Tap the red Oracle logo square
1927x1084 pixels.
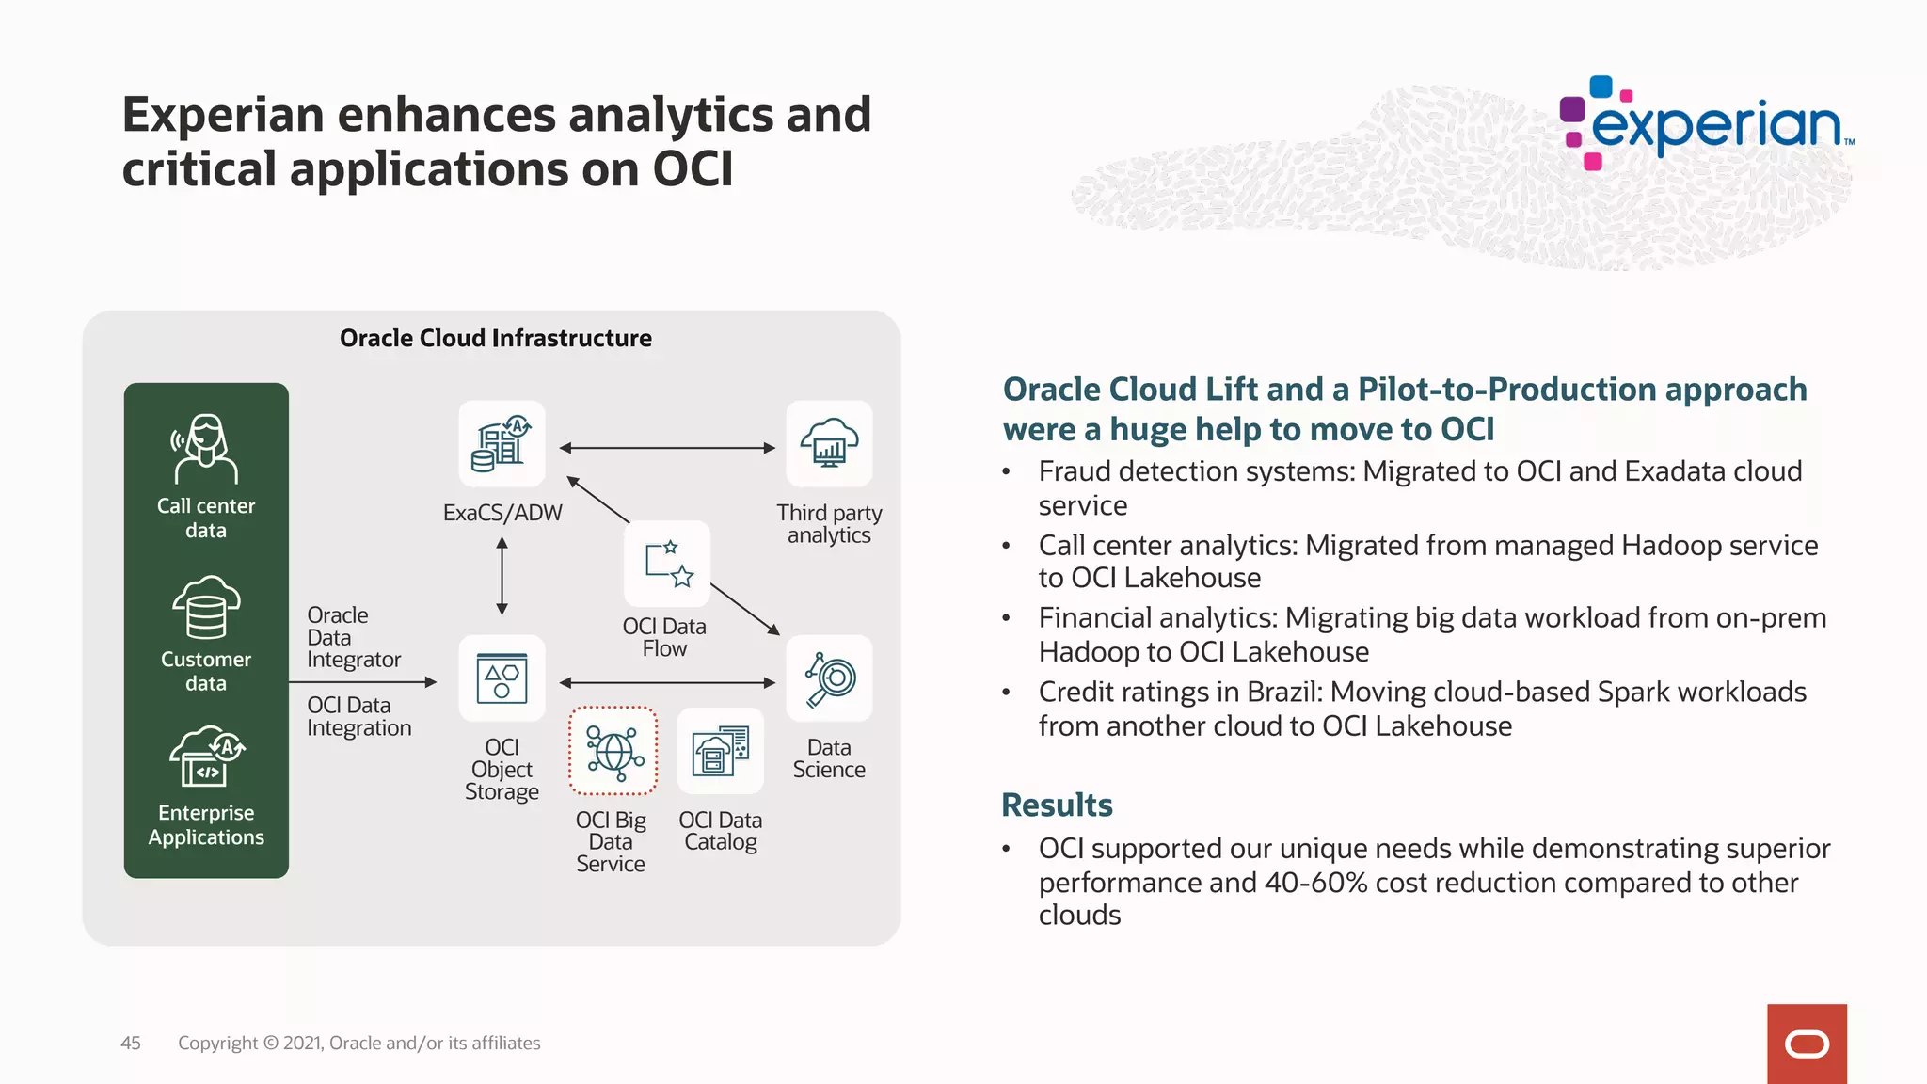pos(1807,1044)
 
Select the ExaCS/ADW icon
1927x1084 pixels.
pos(502,443)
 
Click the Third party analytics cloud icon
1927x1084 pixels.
pos(829,443)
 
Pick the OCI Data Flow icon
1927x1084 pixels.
pos(667,564)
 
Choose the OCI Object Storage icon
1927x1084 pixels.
pos(502,678)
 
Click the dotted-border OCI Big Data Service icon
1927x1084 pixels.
pos(613,751)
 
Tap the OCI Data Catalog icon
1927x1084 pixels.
pos(720,751)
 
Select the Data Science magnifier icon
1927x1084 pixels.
pos(829,678)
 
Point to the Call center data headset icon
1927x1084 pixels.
pos(205,449)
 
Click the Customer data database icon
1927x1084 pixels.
pos(205,607)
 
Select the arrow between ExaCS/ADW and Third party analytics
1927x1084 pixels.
pos(667,448)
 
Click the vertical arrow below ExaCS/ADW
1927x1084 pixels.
pos(502,576)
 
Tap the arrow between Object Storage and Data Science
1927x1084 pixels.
pos(667,682)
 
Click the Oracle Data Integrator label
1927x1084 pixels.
pos(353,637)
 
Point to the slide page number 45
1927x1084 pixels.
pos(131,1043)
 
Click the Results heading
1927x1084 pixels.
pos(1057,805)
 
